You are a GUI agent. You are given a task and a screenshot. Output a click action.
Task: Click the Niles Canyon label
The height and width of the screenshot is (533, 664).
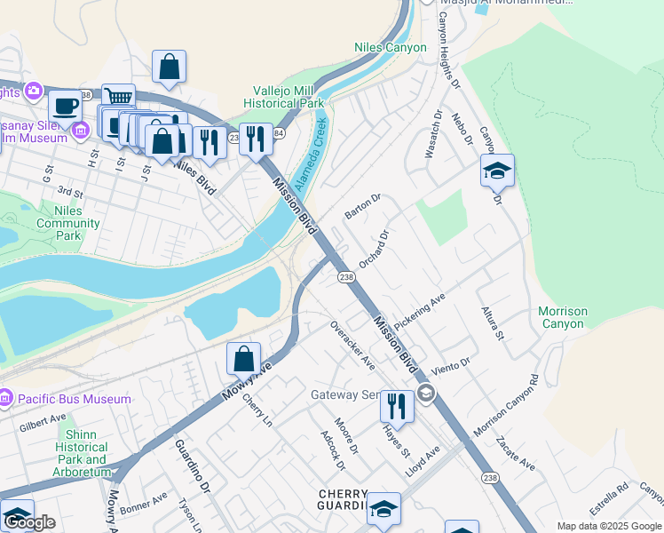click(x=391, y=47)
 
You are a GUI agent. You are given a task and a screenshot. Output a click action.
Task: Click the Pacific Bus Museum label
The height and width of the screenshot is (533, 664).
click(x=73, y=400)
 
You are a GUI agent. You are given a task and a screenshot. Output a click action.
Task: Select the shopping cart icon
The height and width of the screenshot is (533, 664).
click(x=118, y=97)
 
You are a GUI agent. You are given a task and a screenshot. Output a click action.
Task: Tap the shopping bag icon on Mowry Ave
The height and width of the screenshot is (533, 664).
click(x=243, y=359)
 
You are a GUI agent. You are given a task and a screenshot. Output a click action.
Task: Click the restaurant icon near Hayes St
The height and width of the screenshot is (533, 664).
click(x=397, y=405)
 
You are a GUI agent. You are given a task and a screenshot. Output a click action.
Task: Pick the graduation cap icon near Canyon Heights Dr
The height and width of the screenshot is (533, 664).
click(x=497, y=170)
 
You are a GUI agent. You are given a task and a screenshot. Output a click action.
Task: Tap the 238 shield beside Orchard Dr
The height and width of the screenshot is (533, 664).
click(x=346, y=278)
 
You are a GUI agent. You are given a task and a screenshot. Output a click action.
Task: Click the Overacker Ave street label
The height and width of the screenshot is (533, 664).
click(x=352, y=346)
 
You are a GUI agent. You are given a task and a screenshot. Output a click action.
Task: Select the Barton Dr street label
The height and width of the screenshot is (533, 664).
click(x=362, y=209)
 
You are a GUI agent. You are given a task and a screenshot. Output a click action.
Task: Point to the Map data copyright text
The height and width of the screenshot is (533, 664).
click(x=609, y=526)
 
